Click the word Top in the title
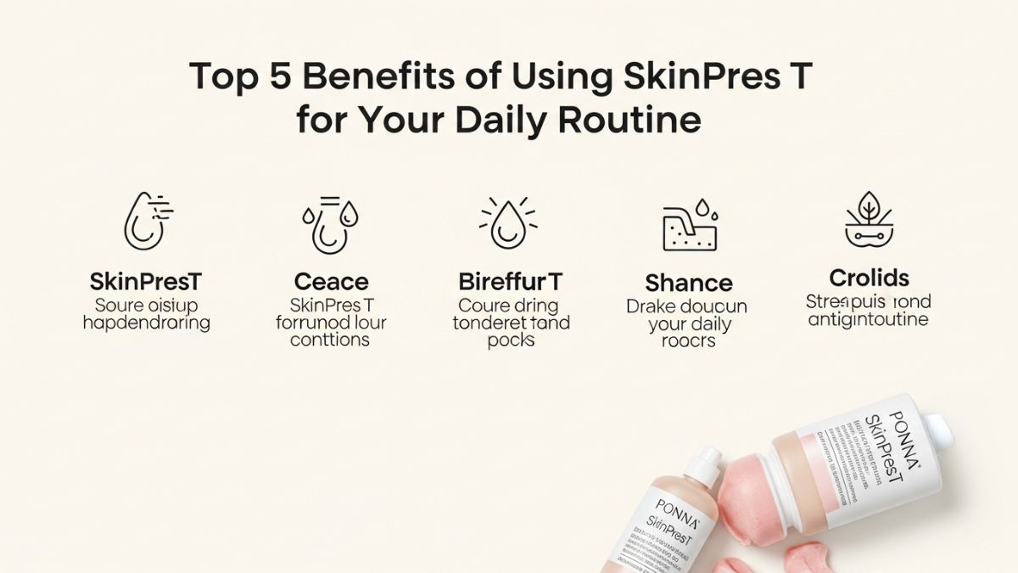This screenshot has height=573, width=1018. point(222,77)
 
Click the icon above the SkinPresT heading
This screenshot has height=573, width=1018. point(147,220)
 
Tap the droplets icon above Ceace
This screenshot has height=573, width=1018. point(330,224)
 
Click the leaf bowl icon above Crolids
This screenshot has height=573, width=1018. point(869,221)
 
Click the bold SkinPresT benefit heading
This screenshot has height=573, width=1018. point(146,281)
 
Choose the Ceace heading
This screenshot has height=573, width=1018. point(331,281)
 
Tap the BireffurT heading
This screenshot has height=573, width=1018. point(510,281)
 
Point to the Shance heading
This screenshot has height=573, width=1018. point(688,282)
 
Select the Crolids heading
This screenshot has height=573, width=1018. point(869,278)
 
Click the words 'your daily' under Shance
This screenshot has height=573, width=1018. point(689,323)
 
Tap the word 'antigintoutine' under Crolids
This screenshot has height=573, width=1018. point(868,320)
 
